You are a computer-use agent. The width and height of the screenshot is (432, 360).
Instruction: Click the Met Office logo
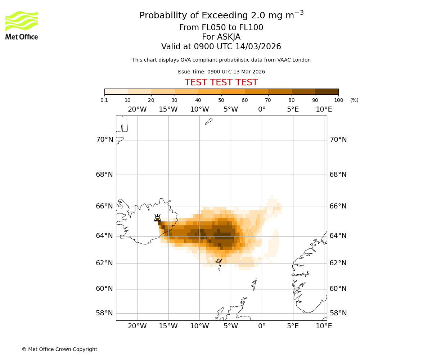tap(22, 25)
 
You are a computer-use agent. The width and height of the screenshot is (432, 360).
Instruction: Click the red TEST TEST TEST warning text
tap(221, 82)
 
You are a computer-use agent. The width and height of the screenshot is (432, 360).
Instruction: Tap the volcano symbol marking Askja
tap(157, 218)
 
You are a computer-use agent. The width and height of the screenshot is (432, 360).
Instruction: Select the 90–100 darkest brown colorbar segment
tap(327, 91)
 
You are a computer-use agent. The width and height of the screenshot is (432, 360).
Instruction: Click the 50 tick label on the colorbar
tap(221, 100)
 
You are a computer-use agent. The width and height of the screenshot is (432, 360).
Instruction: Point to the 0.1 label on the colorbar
tap(104, 100)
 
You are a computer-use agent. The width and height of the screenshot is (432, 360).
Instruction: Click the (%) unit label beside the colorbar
tap(354, 100)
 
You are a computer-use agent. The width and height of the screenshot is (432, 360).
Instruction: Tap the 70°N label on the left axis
tap(104, 140)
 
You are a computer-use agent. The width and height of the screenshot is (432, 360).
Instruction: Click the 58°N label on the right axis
tap(338, 313)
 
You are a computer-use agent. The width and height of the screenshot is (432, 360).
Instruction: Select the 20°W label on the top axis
tap(137, 109)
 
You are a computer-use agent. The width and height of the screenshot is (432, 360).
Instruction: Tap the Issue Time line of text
tap(221, 72)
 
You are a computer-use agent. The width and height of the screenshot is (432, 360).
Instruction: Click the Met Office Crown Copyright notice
tap(59, 349)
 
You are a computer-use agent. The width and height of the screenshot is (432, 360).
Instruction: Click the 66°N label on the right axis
tap(338, 206)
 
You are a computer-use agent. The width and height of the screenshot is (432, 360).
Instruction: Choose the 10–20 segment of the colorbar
tap(139, 91)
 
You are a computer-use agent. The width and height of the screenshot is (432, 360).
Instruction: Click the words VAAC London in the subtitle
tap(295, 60)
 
